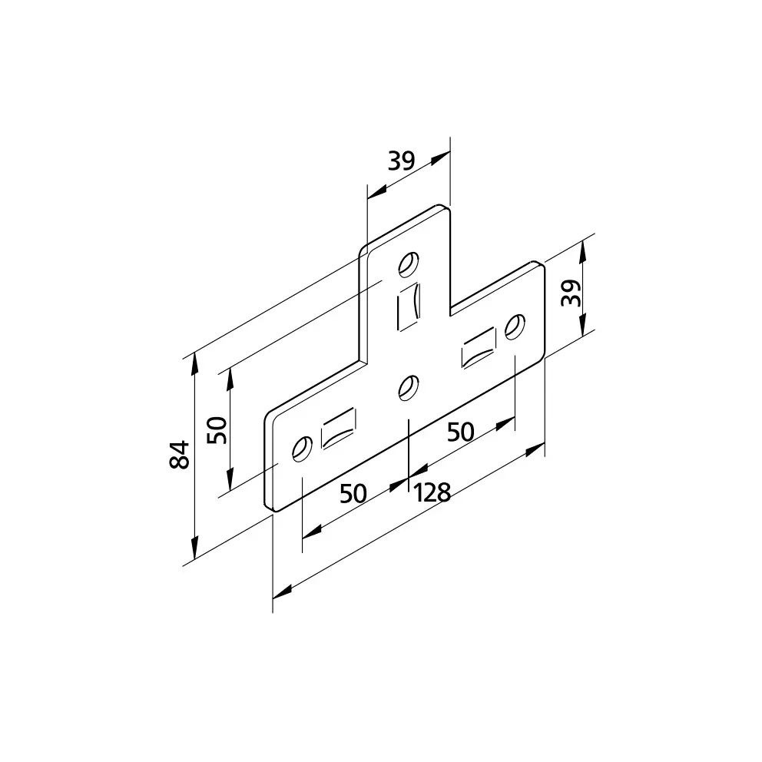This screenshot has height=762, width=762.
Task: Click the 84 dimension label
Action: click(x=179, y=455)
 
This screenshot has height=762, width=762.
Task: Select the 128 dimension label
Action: click(x=432, y=493)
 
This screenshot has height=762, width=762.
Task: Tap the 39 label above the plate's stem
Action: click(x=402, y=161)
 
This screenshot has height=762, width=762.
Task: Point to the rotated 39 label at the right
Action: click(x=571, y=293)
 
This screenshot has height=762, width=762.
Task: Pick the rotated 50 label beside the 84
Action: click(x=217, y=430)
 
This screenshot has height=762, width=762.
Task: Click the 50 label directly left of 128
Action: click(x=353, y=494)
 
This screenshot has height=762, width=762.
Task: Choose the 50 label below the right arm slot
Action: click(x=460, y=432)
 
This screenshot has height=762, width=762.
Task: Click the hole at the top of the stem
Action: click(x=409, y=264)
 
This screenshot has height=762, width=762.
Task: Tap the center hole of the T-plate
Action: click(x=409, y=387)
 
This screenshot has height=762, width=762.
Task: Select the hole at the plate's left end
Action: click(x=303, y=449)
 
